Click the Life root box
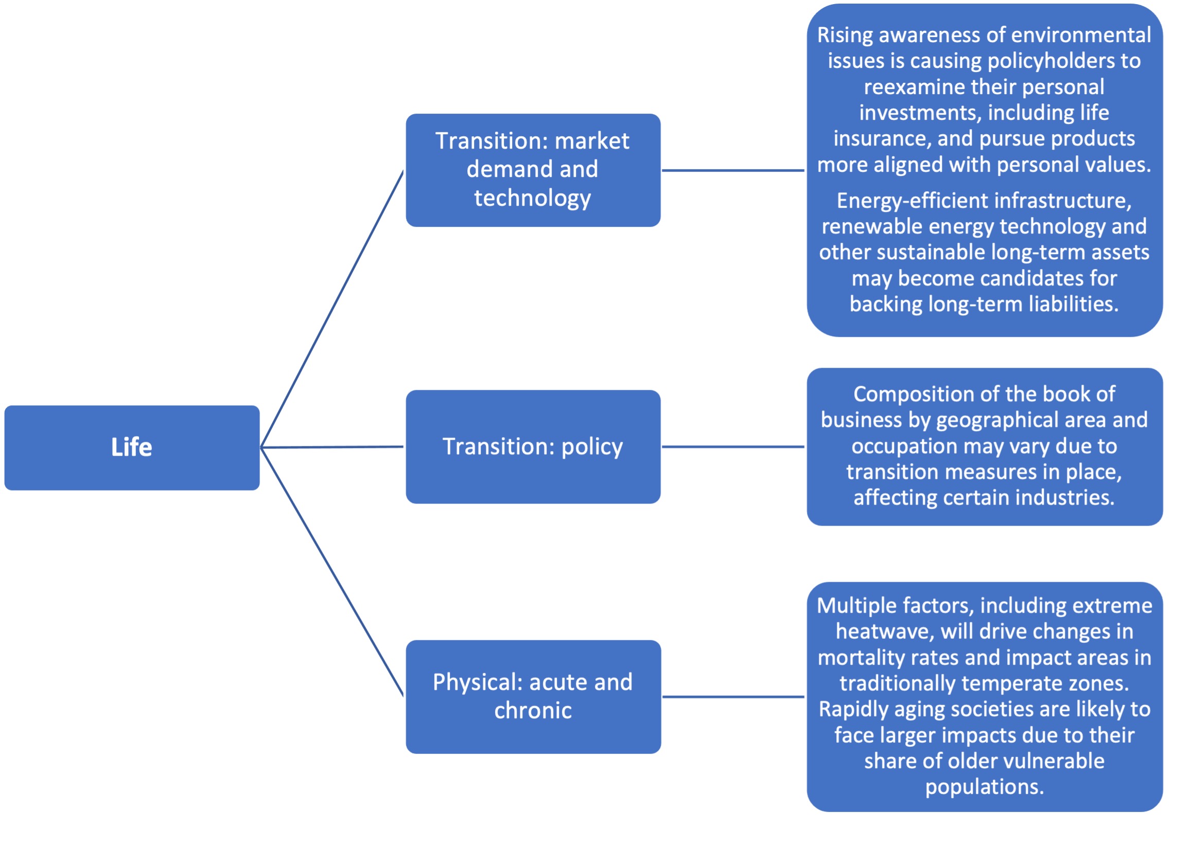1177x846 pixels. coord(132,447)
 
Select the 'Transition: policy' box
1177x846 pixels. coord(533,446)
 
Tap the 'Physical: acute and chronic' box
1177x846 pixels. coord(533,697)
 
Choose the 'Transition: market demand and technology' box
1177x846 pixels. coord(533,170)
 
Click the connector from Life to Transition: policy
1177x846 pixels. coord(332,447)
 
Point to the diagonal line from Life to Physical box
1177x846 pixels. coord(332,571)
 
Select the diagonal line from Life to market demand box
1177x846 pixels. coord(332,309)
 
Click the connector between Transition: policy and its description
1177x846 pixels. coord(733,446)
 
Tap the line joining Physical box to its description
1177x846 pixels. coord(733,697)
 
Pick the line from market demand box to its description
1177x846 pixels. coord(733,170)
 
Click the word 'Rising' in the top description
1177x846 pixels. coord(846,36)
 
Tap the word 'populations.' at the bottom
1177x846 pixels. coord(985,787)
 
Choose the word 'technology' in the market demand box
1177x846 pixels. coord(533,199)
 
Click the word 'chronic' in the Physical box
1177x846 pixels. coord(533,711)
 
